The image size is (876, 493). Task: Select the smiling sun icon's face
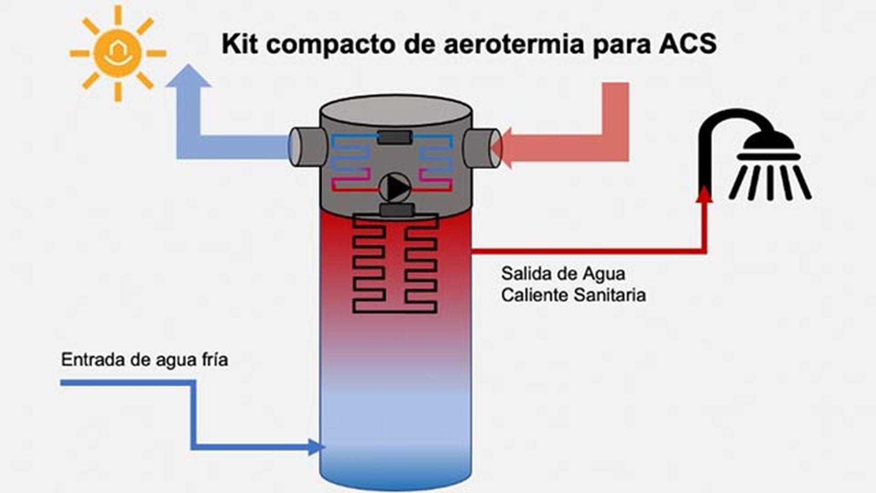[x=118, y=53]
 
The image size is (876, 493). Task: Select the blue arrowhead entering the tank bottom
[x=315, y=447]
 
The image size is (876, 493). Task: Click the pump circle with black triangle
[x=395, y=188]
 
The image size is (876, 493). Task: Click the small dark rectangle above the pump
[x=395, y=137]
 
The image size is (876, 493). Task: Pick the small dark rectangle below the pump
[x=396, y=210]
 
